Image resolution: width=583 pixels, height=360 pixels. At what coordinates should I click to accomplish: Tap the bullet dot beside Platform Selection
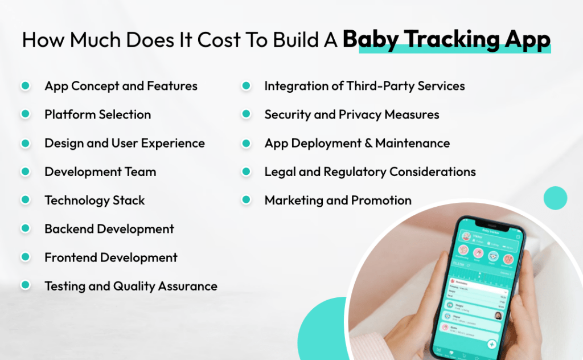click(25, 114)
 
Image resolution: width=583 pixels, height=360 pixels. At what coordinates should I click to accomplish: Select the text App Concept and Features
click(121, 86)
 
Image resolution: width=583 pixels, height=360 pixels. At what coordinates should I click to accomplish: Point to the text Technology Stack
click(95, 201)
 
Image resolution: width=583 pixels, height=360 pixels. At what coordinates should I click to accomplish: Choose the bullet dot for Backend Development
click(25, 229)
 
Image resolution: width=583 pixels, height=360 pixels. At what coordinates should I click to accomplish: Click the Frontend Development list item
click(111, 257)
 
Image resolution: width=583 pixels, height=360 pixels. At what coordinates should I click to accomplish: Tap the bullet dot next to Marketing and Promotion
click(246, 200)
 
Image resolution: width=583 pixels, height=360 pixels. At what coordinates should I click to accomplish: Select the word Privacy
click(360, 114)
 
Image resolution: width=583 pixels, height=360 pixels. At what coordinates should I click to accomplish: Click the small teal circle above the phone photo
click(555, 198)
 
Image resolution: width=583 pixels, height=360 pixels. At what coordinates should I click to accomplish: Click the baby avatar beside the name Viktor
click(466, 236)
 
